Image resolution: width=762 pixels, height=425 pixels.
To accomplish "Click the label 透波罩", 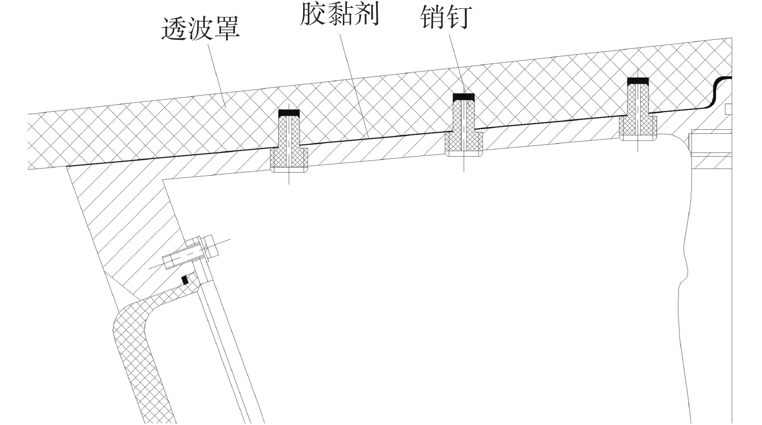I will [x=201, y=29].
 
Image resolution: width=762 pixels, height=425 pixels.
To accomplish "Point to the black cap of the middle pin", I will [x=464, y=97].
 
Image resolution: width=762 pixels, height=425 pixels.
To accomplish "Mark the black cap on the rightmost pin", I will [x=638, y=81].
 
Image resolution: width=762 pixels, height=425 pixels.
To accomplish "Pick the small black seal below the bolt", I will [x=184, y=280].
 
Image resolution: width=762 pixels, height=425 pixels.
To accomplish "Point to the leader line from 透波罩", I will [x=216, y=72].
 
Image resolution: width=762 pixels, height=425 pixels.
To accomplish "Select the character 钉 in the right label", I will [x=460, y=18].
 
